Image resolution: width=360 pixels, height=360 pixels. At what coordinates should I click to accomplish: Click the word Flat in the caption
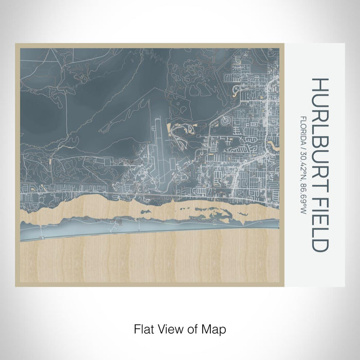coord(142,328)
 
